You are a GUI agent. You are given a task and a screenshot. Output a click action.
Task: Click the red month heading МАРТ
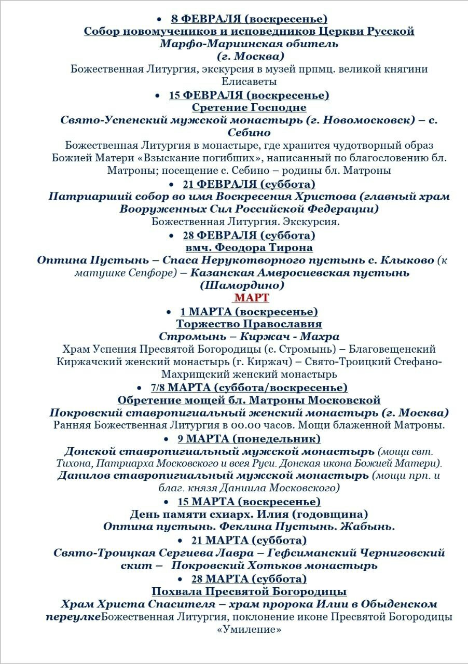click(x=252, y=298)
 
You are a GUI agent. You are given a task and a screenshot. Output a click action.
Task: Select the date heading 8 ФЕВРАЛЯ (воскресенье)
click(x=249, y=19)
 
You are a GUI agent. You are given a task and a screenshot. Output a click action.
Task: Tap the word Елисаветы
click(x=249, y=81)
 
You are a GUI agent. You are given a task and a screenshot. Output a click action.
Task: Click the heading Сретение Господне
click(x=249, y=107)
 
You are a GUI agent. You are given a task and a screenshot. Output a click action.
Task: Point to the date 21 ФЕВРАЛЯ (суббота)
click(x=249, y=184)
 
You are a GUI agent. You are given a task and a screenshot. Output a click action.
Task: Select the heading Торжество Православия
click(x=249, y=324)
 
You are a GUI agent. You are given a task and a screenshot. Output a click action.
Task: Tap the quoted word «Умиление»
click(x=249, y=630)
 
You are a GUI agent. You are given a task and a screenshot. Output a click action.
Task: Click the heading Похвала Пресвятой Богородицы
click(x=249, y=591)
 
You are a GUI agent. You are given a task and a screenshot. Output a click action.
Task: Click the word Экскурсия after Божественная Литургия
click(x=313, y=222)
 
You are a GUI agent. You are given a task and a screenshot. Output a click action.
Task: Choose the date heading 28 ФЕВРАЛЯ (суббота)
click(x=249, y=236)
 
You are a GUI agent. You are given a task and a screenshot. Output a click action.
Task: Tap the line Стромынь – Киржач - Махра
click(x=249, y=337)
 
